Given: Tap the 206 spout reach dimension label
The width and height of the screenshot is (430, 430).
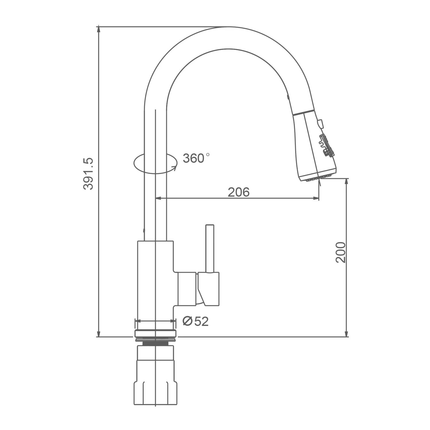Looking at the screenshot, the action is pos(239,192).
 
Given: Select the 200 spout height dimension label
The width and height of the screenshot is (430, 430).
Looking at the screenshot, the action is pos(341,253).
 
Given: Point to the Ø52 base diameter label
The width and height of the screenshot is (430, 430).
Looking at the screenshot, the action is pos(196,321).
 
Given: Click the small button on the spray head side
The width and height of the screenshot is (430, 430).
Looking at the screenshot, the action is pos(320,124).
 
